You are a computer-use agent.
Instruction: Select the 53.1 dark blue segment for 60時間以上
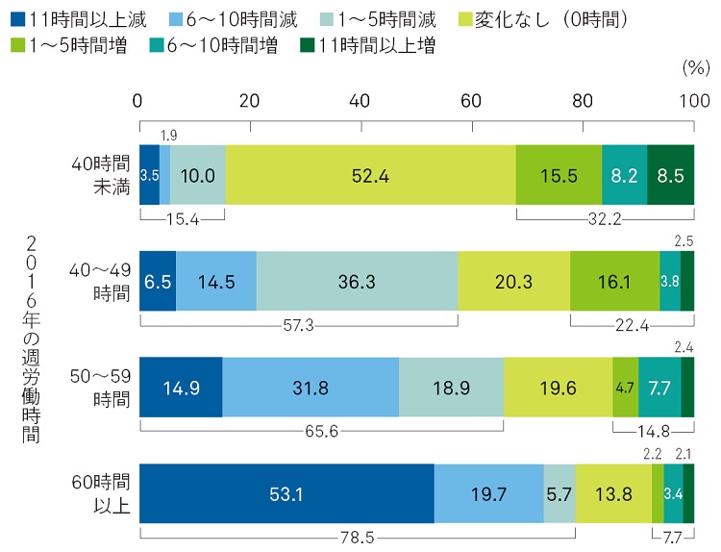pos(286,496)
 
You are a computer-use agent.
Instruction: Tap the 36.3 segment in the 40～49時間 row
pos(357,283)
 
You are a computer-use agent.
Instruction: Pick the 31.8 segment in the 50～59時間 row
pos(310,389)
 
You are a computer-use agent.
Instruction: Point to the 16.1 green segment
pos(614,283)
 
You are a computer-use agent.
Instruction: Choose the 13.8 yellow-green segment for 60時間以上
pos(612,496)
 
